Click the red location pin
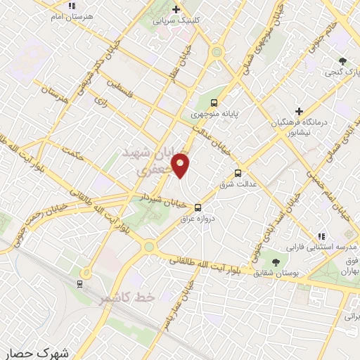coord(181,165)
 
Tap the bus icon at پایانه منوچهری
coord(214,103)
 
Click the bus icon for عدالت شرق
coord(237,172)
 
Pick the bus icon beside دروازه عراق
coord(198,207)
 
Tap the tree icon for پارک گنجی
coord(342,61)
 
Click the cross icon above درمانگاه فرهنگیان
coord(299,111)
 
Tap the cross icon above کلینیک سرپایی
coord(176,9)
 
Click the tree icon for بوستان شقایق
coord(264,262)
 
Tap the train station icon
coord(80,284)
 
